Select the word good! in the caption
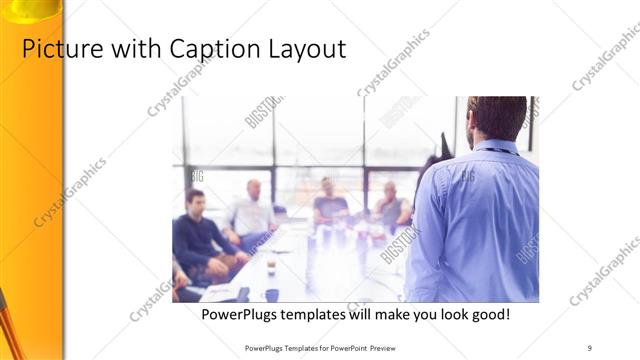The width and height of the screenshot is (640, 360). coord(487,314)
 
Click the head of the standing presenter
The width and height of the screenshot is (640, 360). coord(496,116)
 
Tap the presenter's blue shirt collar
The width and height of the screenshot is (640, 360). coord(497,146)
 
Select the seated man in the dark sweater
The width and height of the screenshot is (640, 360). coord(197,235)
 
